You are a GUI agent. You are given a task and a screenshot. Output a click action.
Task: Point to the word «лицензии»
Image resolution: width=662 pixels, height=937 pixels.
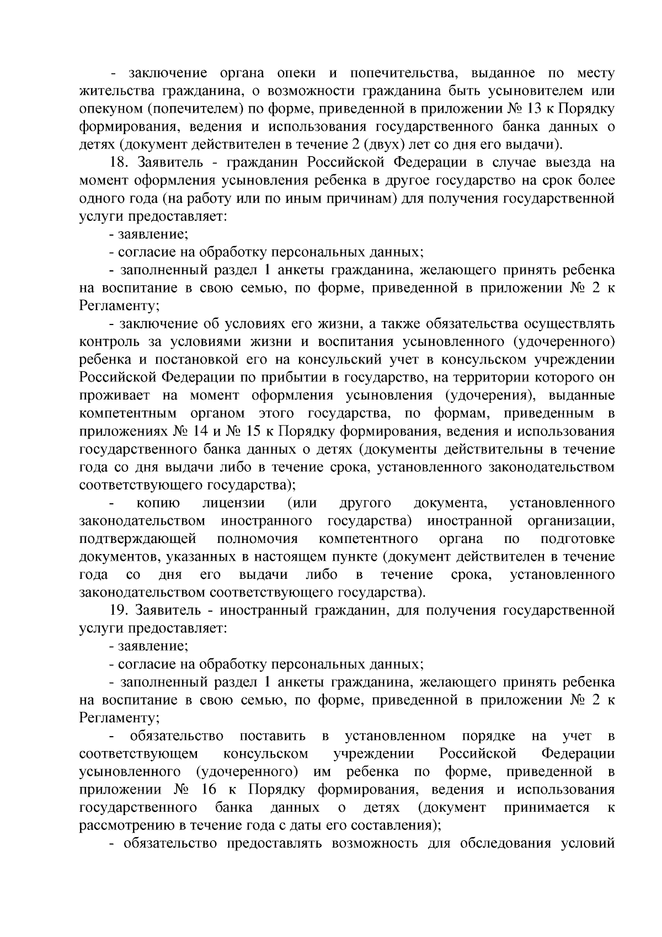[233, 503]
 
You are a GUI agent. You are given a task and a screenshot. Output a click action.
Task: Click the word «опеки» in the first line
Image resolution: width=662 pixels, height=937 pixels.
[298, 73]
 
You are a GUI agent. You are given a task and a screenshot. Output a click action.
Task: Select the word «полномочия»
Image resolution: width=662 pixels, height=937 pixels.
[258, 539]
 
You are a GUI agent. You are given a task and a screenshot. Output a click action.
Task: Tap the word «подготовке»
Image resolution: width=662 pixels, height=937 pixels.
[578, 539]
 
